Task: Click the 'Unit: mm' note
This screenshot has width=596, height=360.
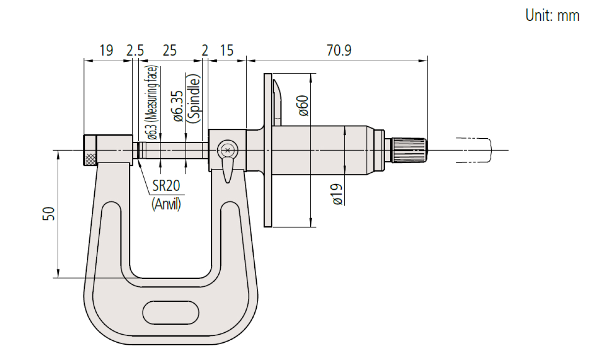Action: (552, 16)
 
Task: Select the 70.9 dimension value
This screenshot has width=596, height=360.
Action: (338, 50)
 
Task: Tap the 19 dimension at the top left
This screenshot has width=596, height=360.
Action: (106, 50)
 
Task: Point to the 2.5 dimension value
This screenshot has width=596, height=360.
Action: (135, 50)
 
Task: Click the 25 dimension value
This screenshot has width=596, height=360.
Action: (169, 50)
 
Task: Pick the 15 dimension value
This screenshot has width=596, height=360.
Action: (226, 50)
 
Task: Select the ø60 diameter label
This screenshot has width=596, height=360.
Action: (303, 105)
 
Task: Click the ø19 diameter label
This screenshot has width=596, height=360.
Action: (337, 195)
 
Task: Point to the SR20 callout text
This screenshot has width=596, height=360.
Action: (165, 186)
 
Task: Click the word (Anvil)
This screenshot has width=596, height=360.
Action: (166, 203)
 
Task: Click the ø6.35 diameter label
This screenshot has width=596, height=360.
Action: (177, 105)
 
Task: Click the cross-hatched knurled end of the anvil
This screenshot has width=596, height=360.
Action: (90, 159)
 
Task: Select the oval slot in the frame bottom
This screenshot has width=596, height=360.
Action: (171, 312)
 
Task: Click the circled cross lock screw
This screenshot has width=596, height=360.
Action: (227, 150)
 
